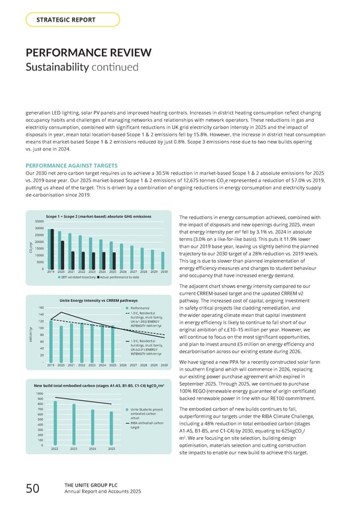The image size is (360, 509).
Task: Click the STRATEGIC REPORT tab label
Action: click(x=66, y=20)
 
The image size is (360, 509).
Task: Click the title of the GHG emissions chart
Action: click(x=98, y=216)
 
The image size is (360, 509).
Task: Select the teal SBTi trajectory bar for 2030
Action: click(x=163, y=260)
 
